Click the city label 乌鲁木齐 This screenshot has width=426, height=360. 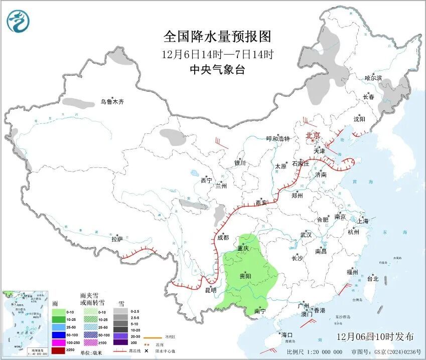111,102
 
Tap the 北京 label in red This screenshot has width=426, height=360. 313,135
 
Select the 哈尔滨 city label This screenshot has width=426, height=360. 373,78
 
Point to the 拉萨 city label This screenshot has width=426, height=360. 117,239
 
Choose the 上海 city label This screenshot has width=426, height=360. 363,221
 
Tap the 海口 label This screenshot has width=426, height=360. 287,334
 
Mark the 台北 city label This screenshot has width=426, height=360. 372,279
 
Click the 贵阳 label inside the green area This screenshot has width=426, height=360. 245,276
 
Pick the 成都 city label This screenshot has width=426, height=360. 223,238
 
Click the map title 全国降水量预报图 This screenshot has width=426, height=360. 217,37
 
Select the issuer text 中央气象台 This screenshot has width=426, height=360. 217,70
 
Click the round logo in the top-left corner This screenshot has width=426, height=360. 18,21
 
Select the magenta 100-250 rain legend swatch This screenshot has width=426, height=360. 59,342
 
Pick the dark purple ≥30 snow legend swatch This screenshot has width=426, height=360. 120,342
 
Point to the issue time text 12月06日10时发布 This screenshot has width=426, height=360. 376,336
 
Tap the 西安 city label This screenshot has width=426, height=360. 261,203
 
